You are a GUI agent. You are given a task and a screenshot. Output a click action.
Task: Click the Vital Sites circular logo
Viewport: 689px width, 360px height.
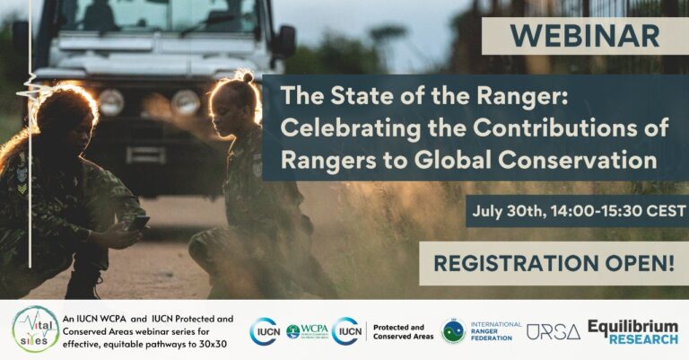tap(35, 329)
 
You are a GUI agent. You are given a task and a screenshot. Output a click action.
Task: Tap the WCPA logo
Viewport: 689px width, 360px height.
tap(305, 331)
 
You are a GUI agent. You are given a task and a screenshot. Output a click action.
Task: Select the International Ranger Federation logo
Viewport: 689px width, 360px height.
tap(481, 331)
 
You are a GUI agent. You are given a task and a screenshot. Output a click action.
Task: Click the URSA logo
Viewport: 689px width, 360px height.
tap(553, 331)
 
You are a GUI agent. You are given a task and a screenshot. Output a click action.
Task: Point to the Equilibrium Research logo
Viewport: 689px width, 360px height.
tap(632, 331)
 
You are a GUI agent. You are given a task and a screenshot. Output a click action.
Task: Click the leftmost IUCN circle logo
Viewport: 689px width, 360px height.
tap(264, 331)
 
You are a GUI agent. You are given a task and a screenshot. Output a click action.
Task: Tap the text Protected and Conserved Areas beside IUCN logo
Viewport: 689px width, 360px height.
tap(403, 331)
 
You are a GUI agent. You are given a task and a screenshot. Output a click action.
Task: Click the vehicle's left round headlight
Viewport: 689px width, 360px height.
tap(111, 101)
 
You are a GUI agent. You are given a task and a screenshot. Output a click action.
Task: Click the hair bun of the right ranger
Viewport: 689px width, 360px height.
tap(244, 77)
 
